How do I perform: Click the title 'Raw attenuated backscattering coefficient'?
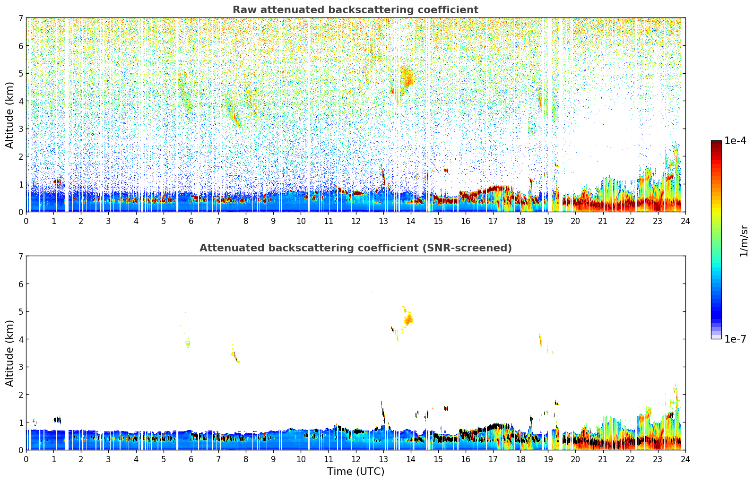(x=355, y=10)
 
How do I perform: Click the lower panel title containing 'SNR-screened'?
(x=355, y=248)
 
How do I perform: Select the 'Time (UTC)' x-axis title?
(x=355, y=472)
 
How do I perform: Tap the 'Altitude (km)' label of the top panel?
(x=10, y=115)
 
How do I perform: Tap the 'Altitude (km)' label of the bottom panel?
(x=10, y=353)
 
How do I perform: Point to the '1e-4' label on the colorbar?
(x=735, y=141)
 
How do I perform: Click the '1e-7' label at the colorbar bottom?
(x=735, y=339)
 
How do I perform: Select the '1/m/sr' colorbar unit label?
(x=744, y=241)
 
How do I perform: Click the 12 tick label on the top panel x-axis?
(x=355, y=221)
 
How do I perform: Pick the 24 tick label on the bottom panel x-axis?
(x=685, y=459)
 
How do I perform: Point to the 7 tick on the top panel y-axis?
(x=20, y=18)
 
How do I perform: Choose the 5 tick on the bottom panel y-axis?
(x=20, y=311)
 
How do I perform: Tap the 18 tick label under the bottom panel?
(x=520, y=459)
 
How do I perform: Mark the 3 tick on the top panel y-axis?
(x=20, y=129)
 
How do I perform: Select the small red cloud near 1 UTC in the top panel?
(x=57, y=181)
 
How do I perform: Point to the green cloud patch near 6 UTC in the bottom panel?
(x=188, y=344)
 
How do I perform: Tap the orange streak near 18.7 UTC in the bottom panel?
(x=540, y=339)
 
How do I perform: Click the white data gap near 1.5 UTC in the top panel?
(x=66, y=113)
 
